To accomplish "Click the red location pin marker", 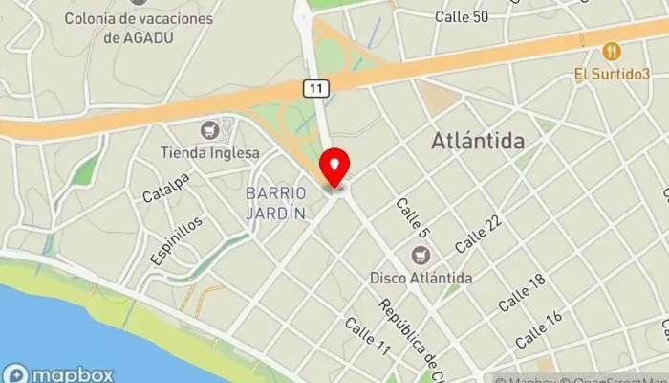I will coord(334,169).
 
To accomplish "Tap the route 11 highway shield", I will coord(317,88).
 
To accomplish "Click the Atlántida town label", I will coord(478,141).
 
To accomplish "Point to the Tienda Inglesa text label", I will coord(209,153).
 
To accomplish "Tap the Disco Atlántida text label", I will coord(421,278).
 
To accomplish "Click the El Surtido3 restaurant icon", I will coord(612,51).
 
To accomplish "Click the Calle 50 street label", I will coord(461,16).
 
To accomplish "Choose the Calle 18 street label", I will coord(522,290).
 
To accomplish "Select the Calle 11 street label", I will coord(368,337).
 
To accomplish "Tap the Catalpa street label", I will coord(166,189).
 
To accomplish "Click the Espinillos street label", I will coord(176,240).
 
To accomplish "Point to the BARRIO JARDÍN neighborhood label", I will coord(275,203).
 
